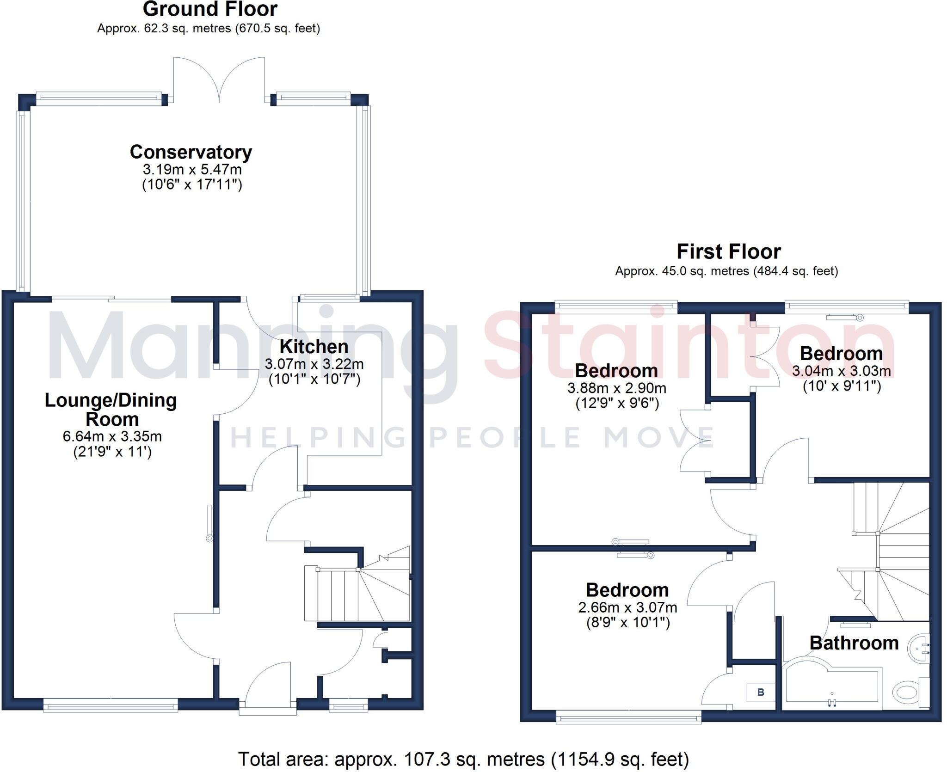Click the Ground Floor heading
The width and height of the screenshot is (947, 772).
click(210, 9)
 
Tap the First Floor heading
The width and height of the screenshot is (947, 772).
click(728, 252)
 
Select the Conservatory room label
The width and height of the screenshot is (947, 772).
click(191, 152)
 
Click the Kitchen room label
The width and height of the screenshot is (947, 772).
click(314, 347)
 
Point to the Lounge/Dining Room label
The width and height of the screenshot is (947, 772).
click(111, 410)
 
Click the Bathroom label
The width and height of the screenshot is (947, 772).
click(854, 643)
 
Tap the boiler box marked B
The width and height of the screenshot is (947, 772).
click(760, 692)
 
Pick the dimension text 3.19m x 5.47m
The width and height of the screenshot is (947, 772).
click(192, 170)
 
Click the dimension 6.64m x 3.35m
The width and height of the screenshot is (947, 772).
click(112, 436)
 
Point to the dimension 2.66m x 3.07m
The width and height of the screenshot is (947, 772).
click(627, 607)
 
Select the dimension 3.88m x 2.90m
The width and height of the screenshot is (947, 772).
click(617, 388)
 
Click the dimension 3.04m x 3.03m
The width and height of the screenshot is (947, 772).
click(841, 371)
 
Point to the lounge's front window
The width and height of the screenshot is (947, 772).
click(111, 705)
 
